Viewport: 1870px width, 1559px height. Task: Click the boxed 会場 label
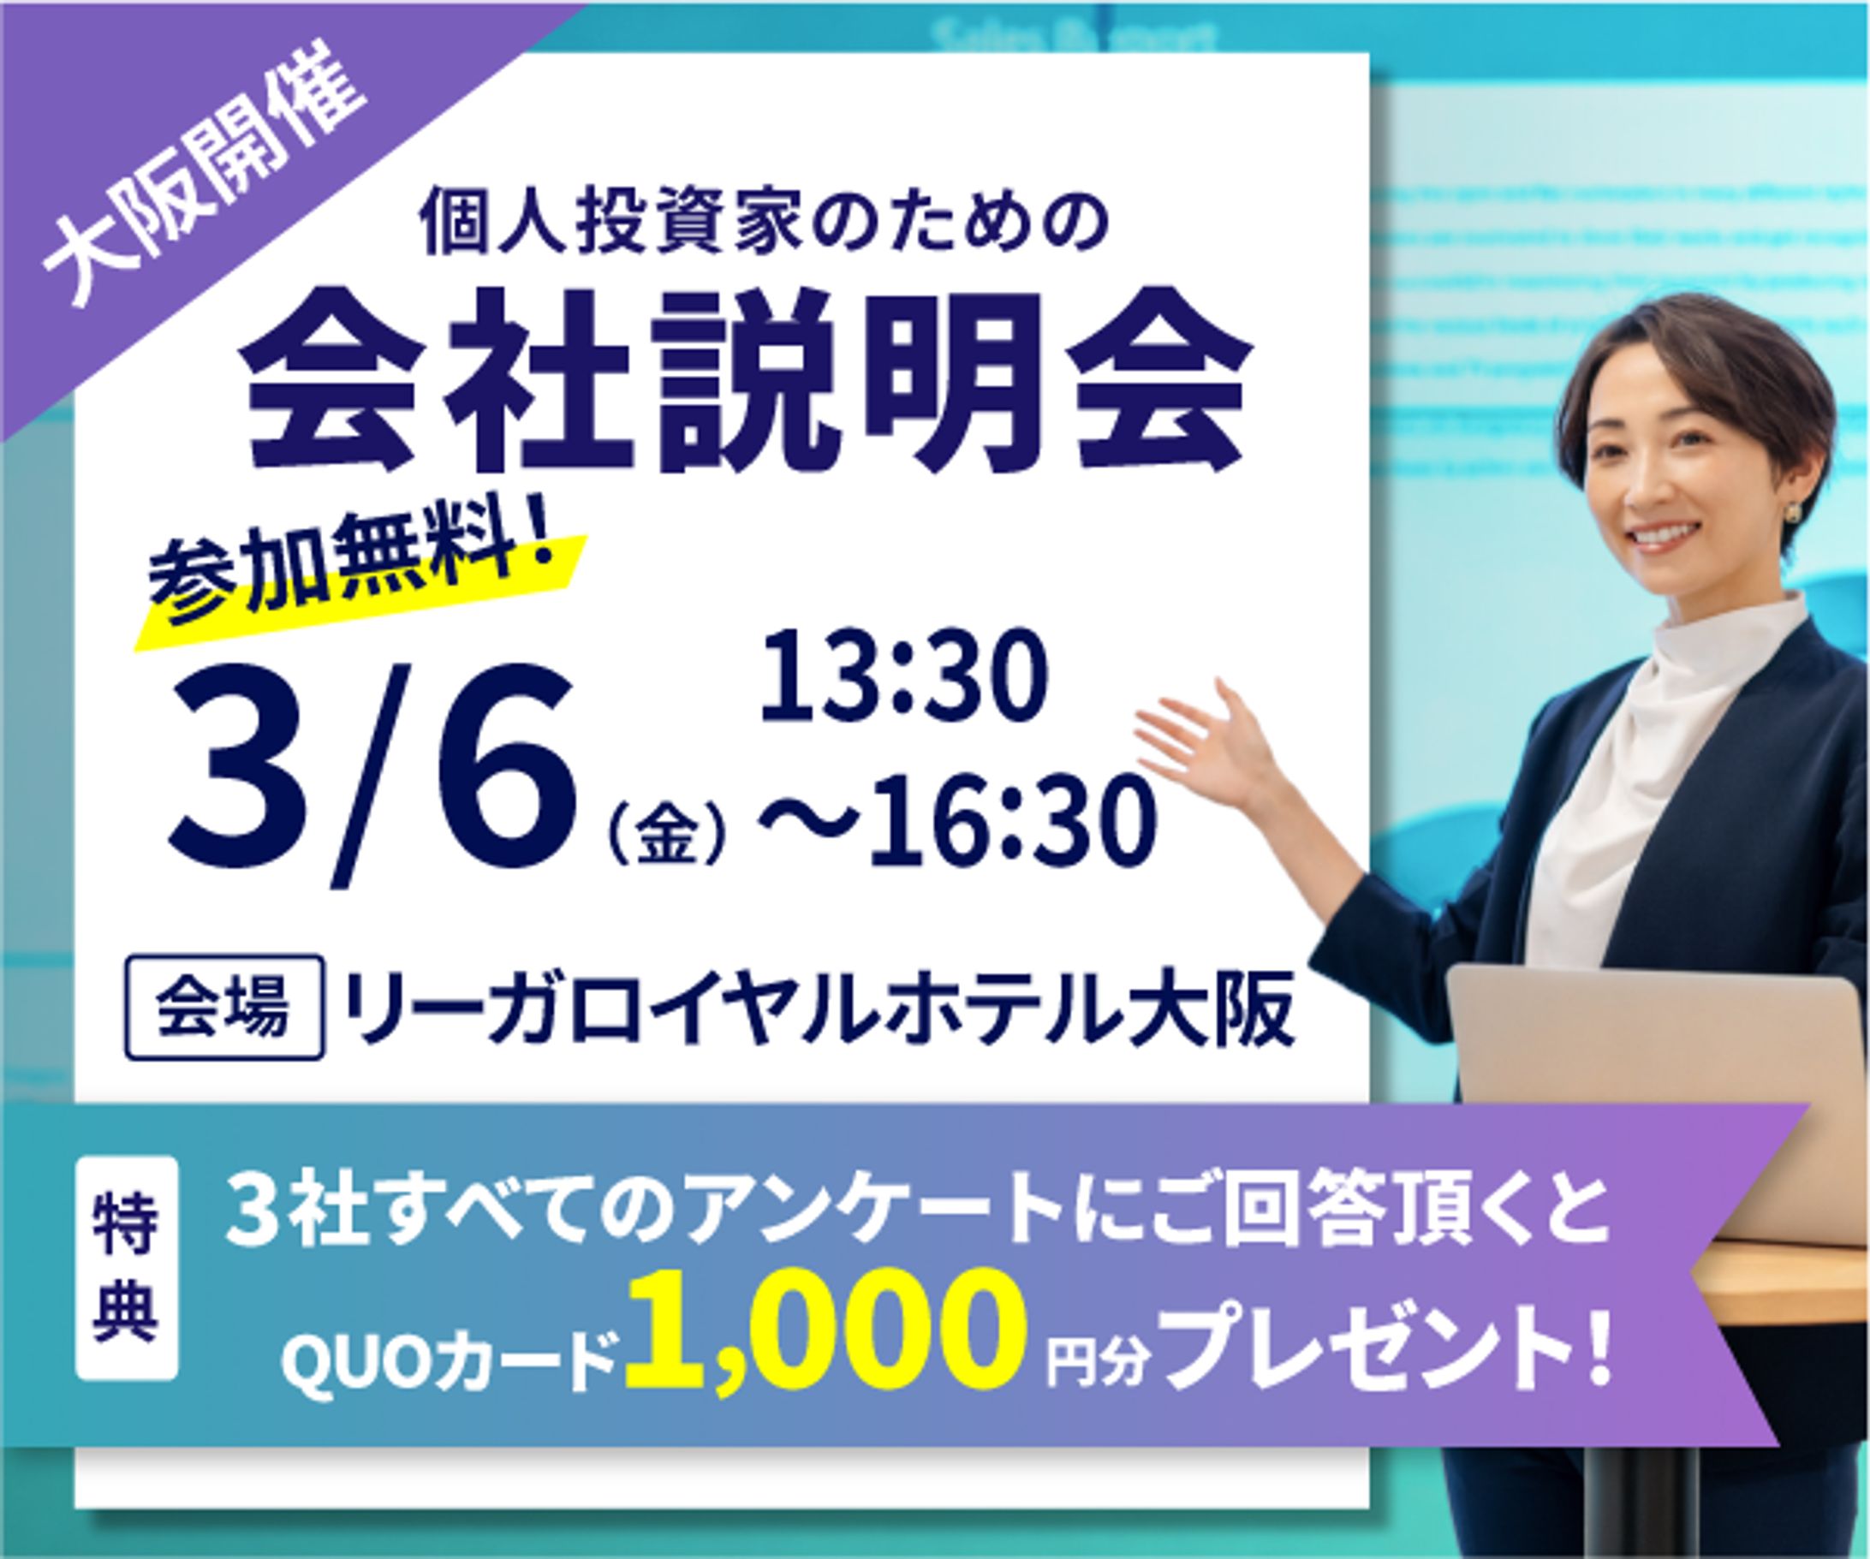coord(223,1008)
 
